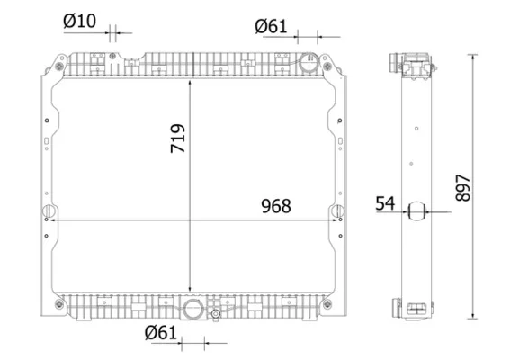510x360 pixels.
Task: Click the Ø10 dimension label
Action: click(80, 22)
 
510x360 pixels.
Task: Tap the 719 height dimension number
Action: click(178, 139)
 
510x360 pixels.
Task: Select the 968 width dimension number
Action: click(276, 206)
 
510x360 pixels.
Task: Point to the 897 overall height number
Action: click(463, 188)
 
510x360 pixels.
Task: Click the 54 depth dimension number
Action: click(385, 203)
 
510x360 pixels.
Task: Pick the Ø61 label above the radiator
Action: click(271, 26)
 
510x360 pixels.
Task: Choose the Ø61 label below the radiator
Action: click(161, 333)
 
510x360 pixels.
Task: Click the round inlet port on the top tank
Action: click(308, 63)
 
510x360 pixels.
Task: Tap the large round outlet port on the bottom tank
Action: click(193, 309)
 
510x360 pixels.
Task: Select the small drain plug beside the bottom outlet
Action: click(215, 314)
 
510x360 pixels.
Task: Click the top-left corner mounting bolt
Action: click(59, 67)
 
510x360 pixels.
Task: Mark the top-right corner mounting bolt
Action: click(327, 67)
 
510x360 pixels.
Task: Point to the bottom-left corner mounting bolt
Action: click(59, 304)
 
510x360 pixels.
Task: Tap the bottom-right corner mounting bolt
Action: click(327, 304)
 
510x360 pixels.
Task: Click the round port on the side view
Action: click(416, 211)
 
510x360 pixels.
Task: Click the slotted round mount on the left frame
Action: click(49, 211)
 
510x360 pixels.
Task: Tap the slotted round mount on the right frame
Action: click(338, 211)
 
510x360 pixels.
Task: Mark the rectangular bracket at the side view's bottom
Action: click(416, 308)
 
